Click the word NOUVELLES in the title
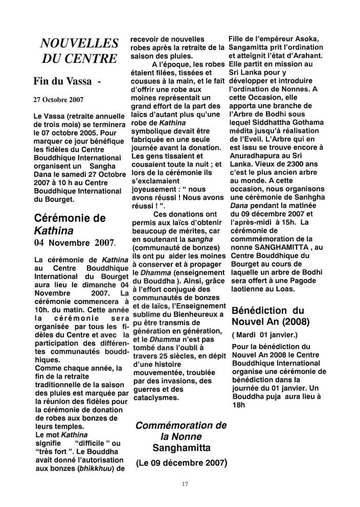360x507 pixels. (79, 44)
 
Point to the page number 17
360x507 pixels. (185, 483)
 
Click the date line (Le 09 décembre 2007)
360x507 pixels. (181, 463)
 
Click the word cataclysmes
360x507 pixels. (154, 397)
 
